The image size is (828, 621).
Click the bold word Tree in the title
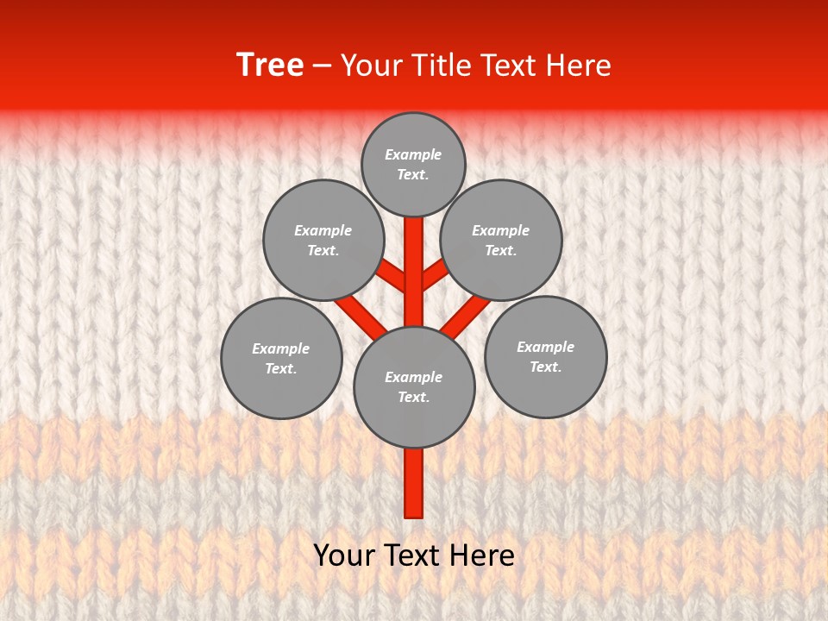pos(270,65)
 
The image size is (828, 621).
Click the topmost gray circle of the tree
pos(413,164)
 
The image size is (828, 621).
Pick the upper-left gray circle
pos(323,240)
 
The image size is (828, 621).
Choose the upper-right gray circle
pos(501,240)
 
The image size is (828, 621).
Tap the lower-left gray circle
pos(281,358)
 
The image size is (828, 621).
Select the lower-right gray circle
pos(545,356)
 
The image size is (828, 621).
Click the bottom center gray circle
pos(414,386)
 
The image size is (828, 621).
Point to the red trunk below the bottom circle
pos(414,483)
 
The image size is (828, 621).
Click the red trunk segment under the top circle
pos(414,259)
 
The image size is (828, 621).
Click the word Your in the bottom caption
pos(342,555)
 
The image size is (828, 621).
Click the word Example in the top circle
pos(413,154)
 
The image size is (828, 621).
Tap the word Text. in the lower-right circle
pos(545,367)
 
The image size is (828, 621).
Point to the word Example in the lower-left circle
pos(281,348)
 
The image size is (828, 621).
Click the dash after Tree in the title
pos(322,66)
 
